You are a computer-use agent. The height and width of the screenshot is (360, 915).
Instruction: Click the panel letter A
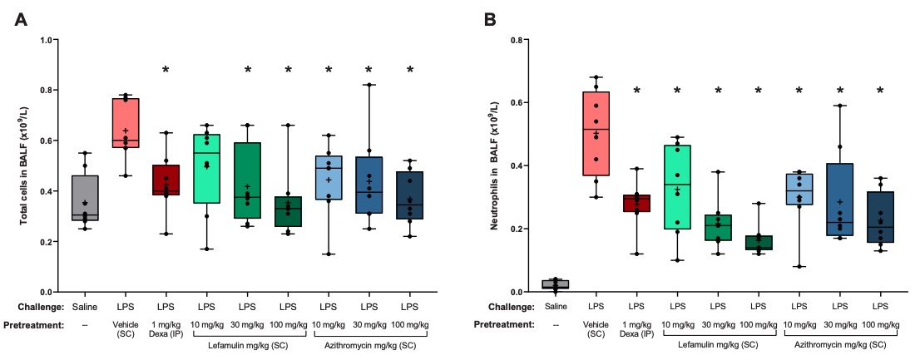tap(23, 19)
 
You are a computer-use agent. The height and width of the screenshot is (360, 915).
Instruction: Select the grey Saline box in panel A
tap(85, 199)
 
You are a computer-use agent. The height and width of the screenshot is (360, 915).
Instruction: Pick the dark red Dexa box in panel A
tap(166, 180)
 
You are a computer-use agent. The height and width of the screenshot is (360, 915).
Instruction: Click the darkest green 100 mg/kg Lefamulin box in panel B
tap(759, 243)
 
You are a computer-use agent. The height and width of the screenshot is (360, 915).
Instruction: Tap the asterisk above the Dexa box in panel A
tap(166, 70)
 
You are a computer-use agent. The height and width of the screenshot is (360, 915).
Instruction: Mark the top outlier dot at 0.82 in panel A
tap(368, 85)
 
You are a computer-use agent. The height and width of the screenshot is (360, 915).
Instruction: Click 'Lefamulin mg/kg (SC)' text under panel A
tap(247, 344)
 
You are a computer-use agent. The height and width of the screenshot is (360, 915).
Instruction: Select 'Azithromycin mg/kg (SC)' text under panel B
tap(839, 344)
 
